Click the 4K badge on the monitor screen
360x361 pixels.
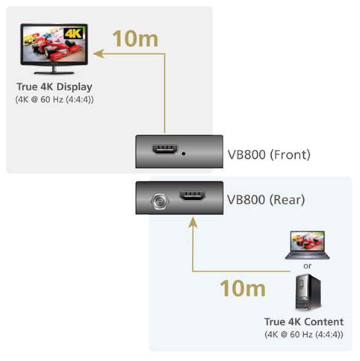tap(73, 33)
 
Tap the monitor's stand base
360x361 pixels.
tap(54, 72)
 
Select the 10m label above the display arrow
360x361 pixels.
tap(135, 39)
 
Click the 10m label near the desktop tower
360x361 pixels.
tap(243, 288)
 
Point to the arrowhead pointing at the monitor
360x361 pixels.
tap(99, 54)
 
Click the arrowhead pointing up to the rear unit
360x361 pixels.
tap(193, 222)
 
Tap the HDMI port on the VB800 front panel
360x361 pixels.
tap(165, 149)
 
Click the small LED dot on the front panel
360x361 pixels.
tap(184, 154)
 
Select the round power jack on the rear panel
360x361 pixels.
tap(160, 201)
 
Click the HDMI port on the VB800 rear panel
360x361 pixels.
tap(193, 195)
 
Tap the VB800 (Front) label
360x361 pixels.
tap(269, 154)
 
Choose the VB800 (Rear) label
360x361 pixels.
tap(266, 200)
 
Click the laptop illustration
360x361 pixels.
tap(308, 245)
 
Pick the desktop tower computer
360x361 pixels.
tap(308, 292)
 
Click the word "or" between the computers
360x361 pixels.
tap(308, 266)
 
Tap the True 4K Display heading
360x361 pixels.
tap(55, 87)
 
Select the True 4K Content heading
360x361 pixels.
tap(304, 321)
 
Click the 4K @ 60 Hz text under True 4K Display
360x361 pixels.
tap(55, 100)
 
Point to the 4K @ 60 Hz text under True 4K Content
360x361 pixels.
tap(304, 334)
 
